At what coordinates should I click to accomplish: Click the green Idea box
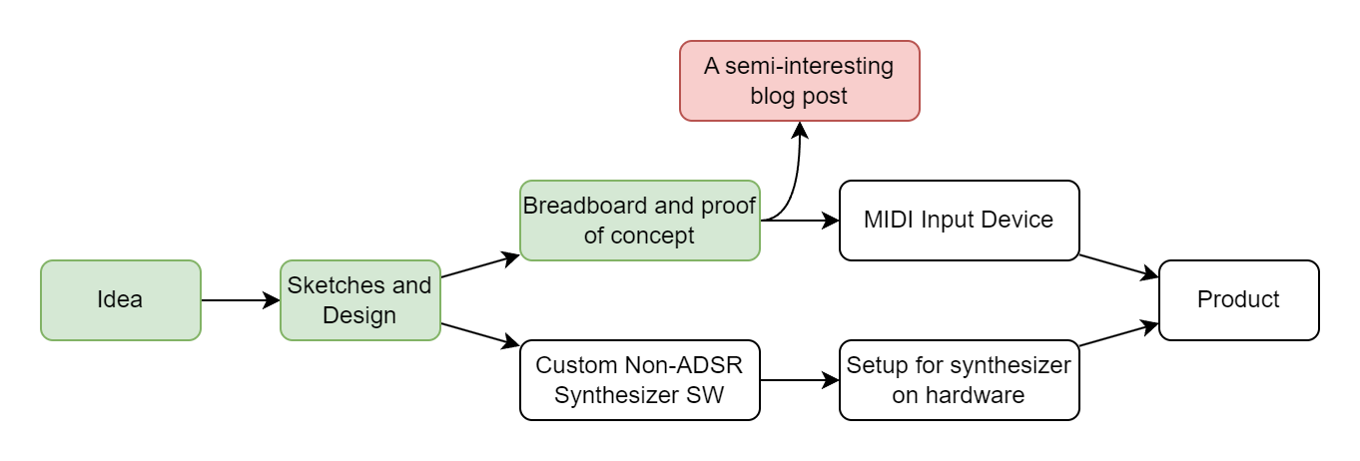(120, 299)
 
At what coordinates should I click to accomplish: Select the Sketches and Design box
(359, 299)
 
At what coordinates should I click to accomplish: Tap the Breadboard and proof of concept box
(639, 221)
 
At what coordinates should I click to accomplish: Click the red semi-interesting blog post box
(799, 81)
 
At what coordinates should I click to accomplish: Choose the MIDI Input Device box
(959, 220)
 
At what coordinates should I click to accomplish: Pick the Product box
(1238, 299)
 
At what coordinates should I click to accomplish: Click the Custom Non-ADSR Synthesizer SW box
(639, 380)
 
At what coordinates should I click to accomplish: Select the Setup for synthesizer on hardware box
(959, 380)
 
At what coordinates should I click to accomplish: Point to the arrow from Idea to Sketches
(240, 299)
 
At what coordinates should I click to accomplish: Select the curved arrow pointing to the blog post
(795, 170)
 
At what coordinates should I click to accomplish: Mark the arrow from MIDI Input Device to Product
(1118, 265)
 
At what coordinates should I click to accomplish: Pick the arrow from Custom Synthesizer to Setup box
(799, 380)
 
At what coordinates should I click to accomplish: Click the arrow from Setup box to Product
(1118, 334)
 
